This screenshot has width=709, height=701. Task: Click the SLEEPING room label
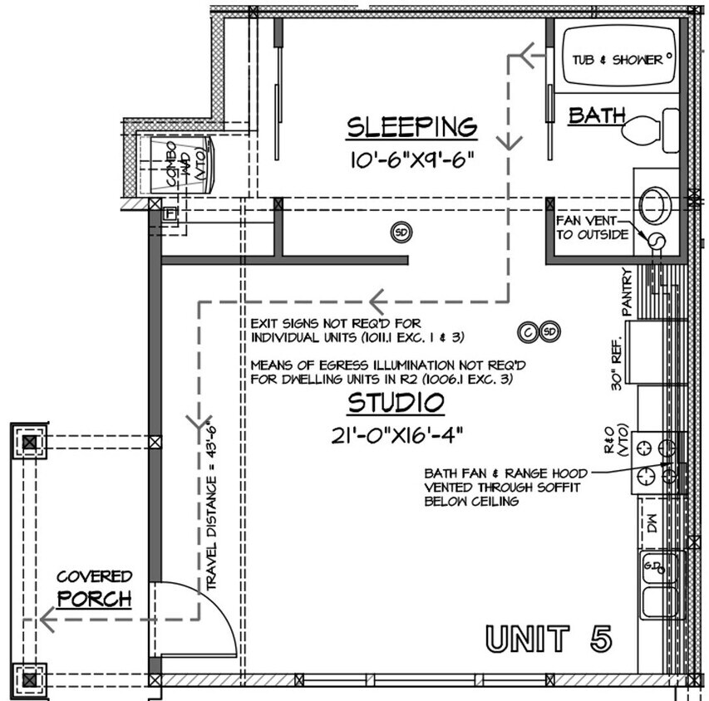[412, 127]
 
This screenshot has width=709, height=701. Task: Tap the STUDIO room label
[396, 404]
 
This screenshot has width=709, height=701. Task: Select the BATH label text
[596, 115]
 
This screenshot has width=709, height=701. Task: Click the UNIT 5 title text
[549, 639]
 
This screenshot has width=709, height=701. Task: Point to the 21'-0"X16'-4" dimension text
[396, 434]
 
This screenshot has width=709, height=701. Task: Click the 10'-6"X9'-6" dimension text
[412, 159]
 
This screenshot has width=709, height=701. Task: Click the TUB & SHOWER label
[617, 60]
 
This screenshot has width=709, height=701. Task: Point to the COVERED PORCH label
[94, 588]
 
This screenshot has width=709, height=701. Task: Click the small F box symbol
[170, 214]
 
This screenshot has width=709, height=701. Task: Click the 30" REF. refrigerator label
[616, 367]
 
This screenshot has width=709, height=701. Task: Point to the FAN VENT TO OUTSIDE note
[592, 227]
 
